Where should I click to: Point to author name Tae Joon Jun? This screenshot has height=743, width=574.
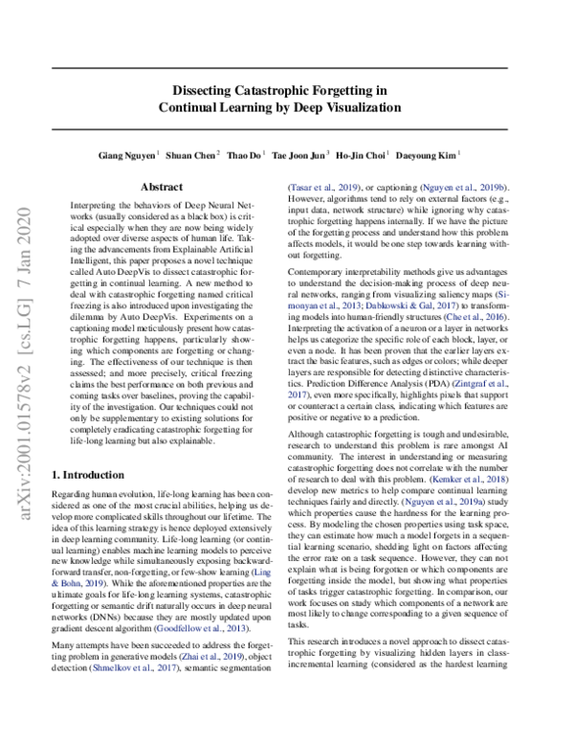[x=300, y=155]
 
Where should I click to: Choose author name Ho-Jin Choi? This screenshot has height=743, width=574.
[x=365, y=155]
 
